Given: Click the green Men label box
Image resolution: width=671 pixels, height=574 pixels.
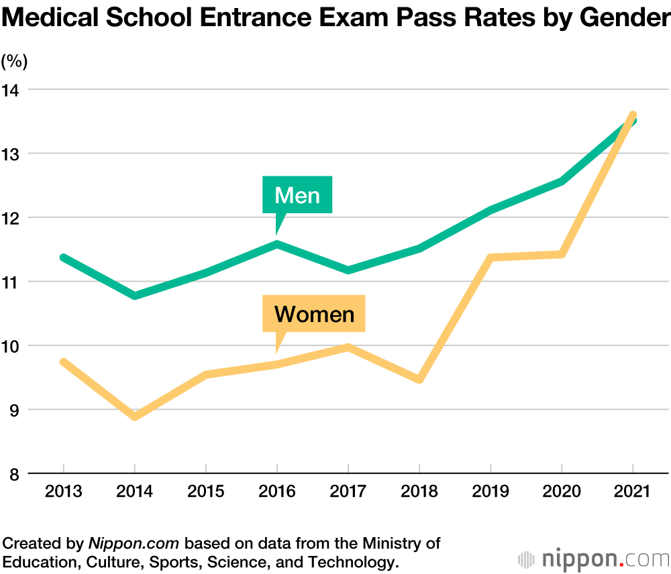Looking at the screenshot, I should tap(297, 195).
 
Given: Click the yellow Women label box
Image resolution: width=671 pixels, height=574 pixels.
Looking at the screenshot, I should tap(314, 314).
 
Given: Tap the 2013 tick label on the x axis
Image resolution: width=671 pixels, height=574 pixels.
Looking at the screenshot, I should tap(63, 492).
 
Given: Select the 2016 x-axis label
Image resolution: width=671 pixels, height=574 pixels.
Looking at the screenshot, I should tap(276, 492).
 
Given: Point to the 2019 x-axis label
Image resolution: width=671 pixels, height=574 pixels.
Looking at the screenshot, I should tap(491, 492).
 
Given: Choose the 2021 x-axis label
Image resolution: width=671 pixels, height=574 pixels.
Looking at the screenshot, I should tap(632, 492).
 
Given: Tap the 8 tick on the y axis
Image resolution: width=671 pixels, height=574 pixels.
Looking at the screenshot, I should tap(13, 473).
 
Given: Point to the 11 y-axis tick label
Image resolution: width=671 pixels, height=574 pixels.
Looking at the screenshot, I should tap(12, 282).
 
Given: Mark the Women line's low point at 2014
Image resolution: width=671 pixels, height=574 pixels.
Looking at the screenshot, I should tap(135, 416).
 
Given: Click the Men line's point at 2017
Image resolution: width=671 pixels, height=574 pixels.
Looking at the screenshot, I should tap(348, 270).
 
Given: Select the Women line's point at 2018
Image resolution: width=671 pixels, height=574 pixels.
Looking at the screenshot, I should tap(419, 380).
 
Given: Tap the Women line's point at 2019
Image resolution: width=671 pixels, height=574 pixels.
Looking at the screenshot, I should tap(491, 257).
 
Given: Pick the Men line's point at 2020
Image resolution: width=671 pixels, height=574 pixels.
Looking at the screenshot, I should tap(562, 181).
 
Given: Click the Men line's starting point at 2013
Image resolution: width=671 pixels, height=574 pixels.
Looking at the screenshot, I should tap(63, 257).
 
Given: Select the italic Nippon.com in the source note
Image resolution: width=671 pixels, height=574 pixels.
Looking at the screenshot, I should tap(136, 542).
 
